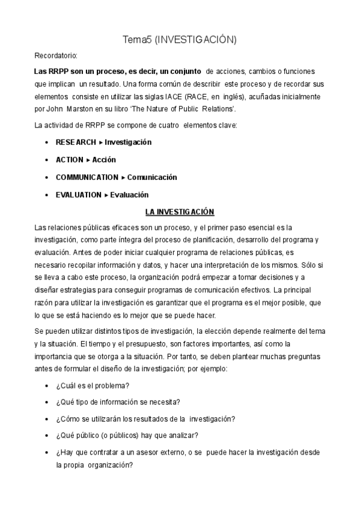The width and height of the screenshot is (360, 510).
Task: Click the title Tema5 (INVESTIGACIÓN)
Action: point(180,40)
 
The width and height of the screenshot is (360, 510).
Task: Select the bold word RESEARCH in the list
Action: point(76,143)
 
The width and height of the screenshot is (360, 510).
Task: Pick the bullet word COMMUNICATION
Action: point(87,177)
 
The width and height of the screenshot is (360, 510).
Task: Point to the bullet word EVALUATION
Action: point(78,195)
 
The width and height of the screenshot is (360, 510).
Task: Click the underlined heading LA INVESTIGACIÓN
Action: point(180,212)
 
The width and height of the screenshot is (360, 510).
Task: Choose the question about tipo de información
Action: point(118,402)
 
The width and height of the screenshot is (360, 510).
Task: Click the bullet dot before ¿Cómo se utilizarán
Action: point(47,419)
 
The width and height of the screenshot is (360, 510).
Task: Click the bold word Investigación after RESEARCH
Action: point(128,143)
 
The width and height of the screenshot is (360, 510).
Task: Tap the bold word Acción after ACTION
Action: point(104,160)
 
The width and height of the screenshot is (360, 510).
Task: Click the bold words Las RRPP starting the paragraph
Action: point(49,71)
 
